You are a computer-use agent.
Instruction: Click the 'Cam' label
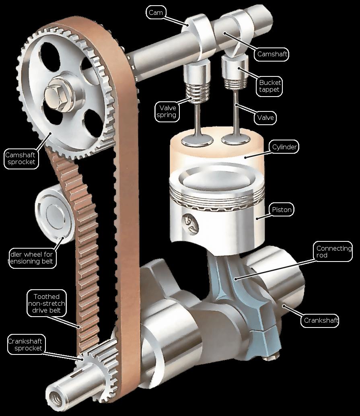coord(156,12)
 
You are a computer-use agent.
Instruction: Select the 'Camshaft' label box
coord(272,54)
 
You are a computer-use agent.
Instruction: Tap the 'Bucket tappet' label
coord(269,86)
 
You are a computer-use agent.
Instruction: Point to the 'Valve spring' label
coord(167,111)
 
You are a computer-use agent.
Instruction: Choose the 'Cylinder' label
coord(284,147)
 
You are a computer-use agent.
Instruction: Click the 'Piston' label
coord(282,210)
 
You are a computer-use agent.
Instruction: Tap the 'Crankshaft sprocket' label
coord(25,344)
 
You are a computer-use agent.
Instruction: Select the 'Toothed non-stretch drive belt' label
coord(47,303)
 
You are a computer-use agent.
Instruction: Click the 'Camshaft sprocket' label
coord(21,159)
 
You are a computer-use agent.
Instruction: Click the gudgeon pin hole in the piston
coord(191,223)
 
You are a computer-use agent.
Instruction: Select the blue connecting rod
coord(244,305)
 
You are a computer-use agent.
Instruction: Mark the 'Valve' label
coord(265,118)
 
